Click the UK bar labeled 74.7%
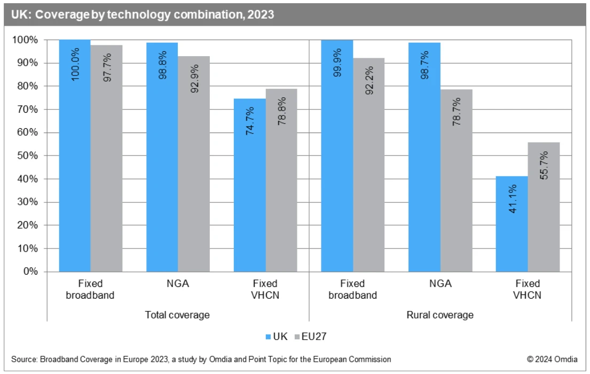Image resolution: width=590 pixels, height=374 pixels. click(x=250, y=185)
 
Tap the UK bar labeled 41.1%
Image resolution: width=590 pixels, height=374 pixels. click(x=512, y=224)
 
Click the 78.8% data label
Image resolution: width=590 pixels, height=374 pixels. click(x=282, y=111)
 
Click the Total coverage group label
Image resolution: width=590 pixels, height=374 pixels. click(x=177, y=315)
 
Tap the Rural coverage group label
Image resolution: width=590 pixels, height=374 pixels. click(x=440, y=315)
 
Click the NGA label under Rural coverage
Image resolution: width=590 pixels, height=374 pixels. click(x=440, y=284)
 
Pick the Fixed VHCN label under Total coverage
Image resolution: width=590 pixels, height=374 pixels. click(x=265, y=289)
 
